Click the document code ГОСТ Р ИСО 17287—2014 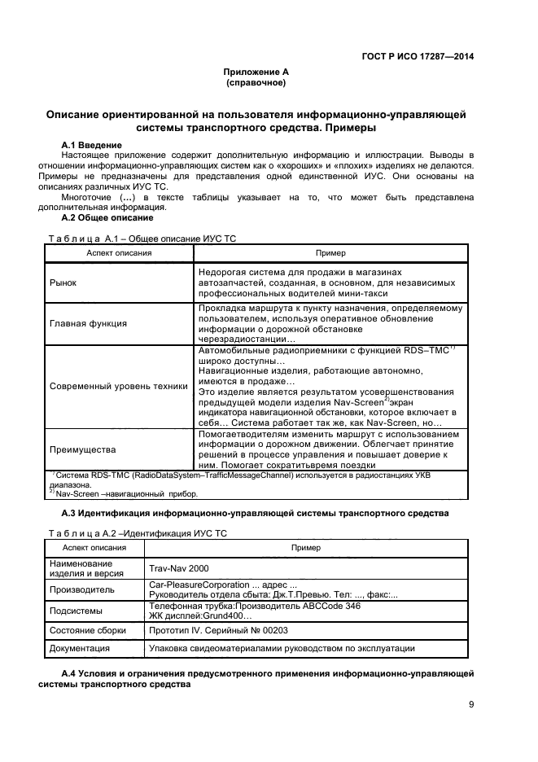[x=416, y=56]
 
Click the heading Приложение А [x=256, y=72]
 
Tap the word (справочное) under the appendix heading [x=256, y=82]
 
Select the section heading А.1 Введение [x=92, y=144]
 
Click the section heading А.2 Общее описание [x=107, y=217]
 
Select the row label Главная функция [x=88, y=323]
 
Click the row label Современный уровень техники [x=119, y=386]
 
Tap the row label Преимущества [x=82, y=449]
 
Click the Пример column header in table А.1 [x=330, y=253]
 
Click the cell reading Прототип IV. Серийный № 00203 [x=217, y=630]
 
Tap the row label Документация [x=80, y=649]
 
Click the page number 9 [x=471, y=705]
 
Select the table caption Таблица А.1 [x=85, y=238]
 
